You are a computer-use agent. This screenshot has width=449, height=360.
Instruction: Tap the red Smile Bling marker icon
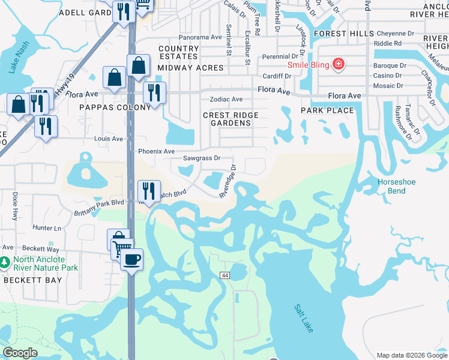(x=339, y=64)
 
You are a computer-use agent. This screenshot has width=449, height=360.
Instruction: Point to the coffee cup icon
(x=131, y=259)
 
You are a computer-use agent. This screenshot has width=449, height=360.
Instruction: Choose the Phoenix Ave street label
(x=156, y=151)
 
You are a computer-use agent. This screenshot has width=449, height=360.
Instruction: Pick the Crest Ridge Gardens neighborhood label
(x=231, y=119)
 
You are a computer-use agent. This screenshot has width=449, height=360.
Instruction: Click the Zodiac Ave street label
(x=226, y=99)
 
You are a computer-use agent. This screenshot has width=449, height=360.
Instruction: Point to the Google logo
(x=20, y=353)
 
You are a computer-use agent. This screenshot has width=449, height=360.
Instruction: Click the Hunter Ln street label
(x=47, y=228)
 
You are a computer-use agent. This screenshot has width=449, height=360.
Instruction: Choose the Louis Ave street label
(x=109, y=139)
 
